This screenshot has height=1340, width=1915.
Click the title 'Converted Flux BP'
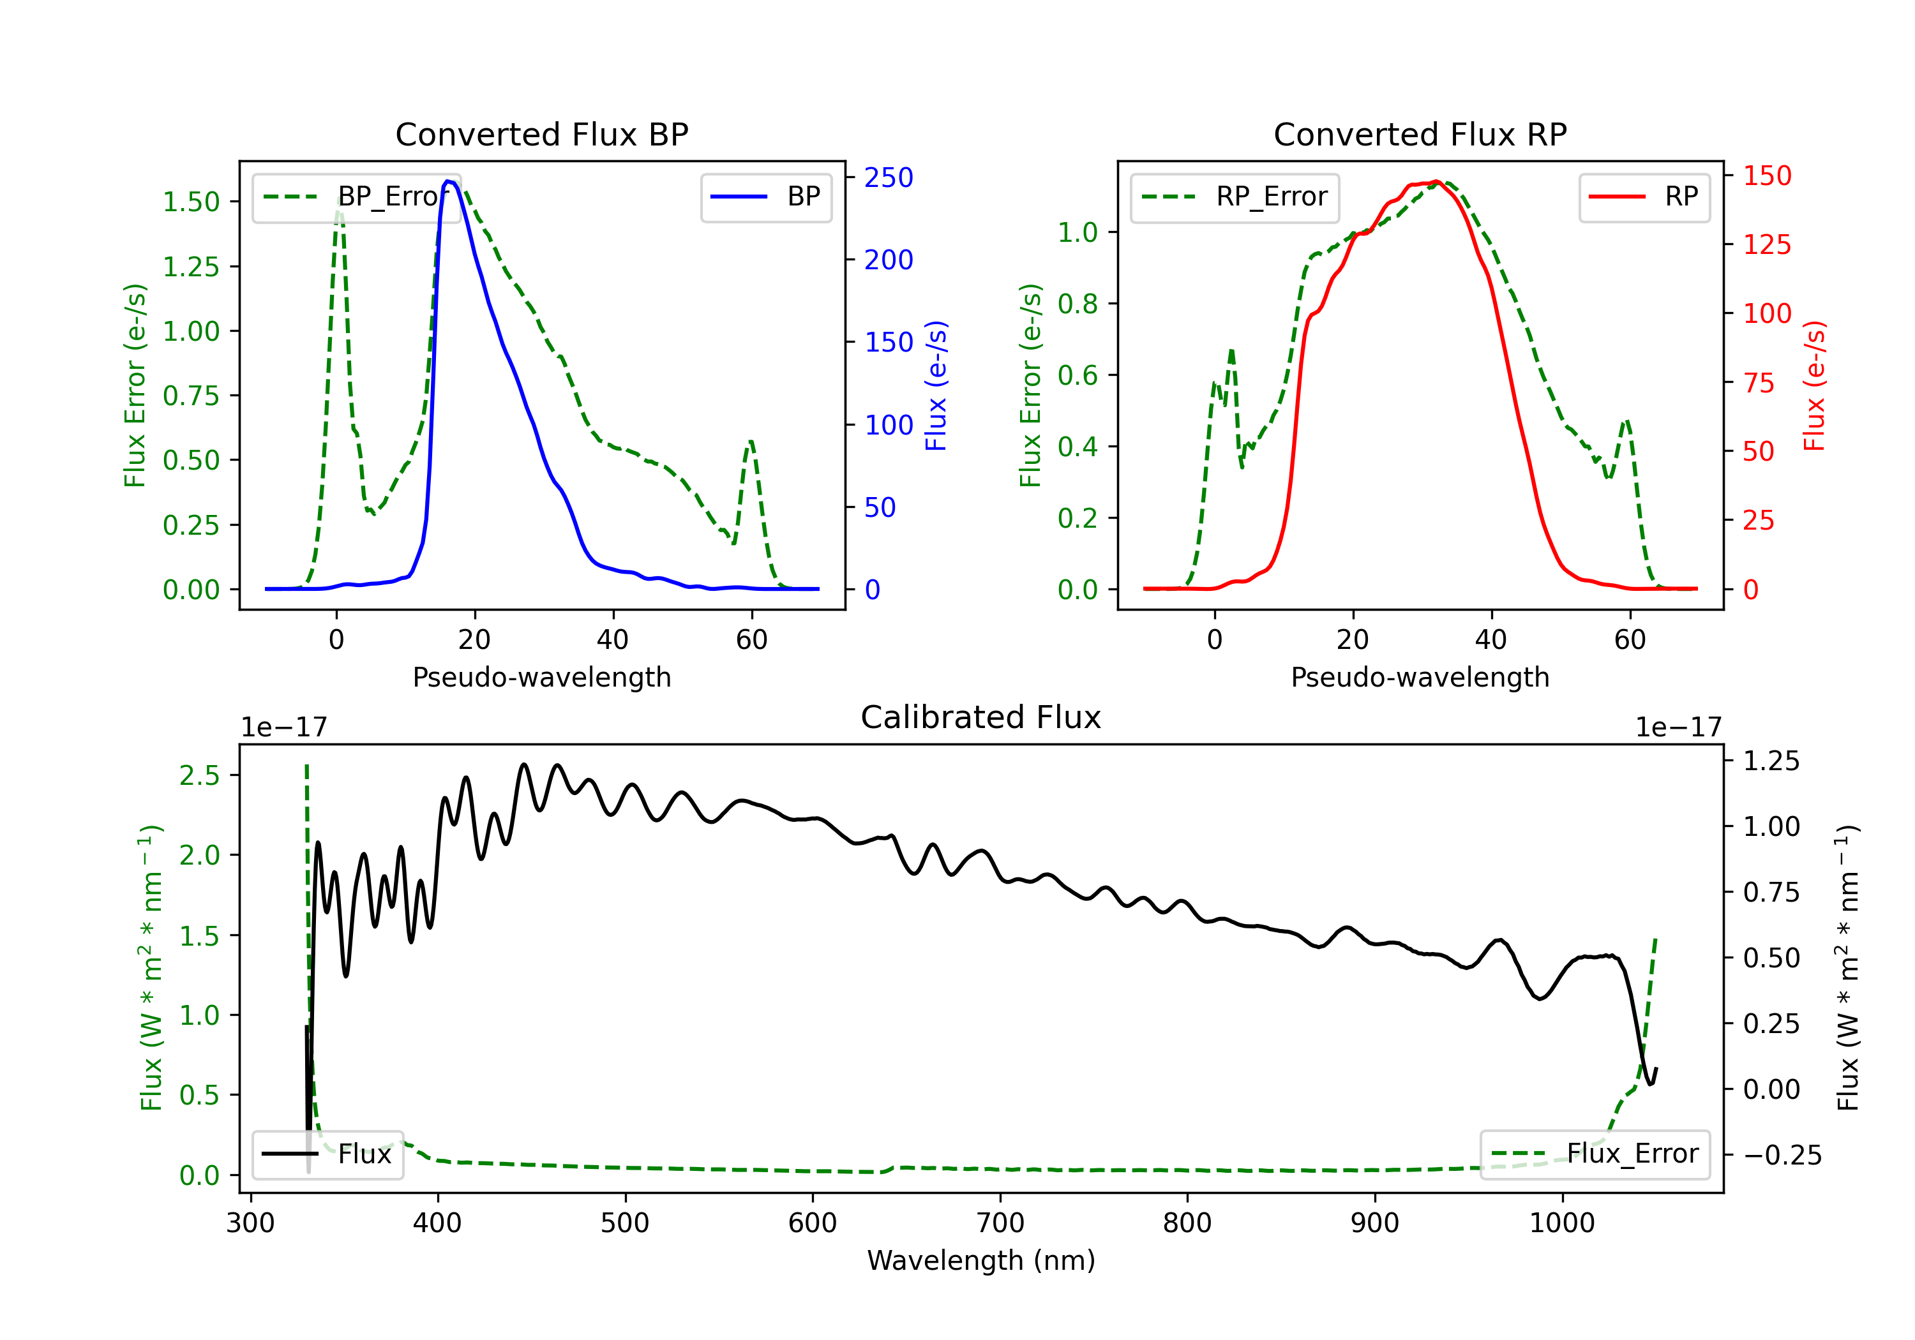[x=541, y=134]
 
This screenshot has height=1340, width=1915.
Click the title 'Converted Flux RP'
[x=1420, y=134]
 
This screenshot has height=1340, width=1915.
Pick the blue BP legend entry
[x=765, y=197]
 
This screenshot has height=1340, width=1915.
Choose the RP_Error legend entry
[x=1235, y=197]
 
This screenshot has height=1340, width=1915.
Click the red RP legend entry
[x=1644, y=197]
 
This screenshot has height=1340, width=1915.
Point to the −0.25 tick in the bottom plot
[x=1782, y=1155]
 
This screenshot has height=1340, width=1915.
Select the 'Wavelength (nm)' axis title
[x=981, y=1260]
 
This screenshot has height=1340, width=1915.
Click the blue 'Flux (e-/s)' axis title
[x=936, y=386]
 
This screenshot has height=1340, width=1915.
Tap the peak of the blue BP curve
[x=449, y=181]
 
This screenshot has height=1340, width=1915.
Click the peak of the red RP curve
[x=1436, y=181]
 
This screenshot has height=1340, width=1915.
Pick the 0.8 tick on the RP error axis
[x=1078, y=304]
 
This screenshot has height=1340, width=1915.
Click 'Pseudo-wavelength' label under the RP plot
[x=1420, y=677]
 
